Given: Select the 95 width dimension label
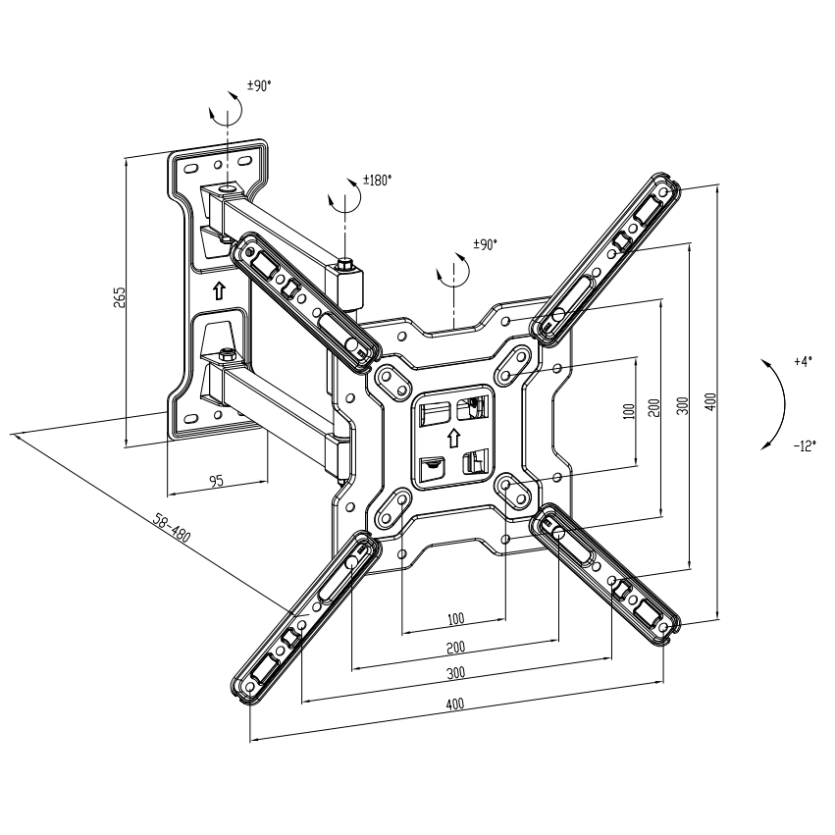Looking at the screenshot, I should pos(216,481).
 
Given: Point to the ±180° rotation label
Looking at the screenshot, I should pos(377,181).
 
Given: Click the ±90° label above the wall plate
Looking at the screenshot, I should pos(258,87).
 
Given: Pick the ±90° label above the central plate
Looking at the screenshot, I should pos(486,244).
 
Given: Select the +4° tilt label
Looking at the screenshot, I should pos(804,362).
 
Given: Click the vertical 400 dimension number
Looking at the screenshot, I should pos(710,400).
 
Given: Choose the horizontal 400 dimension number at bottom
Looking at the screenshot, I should pos(455,705).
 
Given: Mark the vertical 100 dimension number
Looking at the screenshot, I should pos(628,411).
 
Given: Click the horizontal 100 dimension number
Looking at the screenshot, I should pos(455,619).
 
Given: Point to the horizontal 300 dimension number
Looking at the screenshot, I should pos(455,673).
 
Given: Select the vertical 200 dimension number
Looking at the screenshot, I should pos(653,407).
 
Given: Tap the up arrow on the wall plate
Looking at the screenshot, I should pos(218,290).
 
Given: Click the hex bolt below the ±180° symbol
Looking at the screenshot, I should pos(345,263).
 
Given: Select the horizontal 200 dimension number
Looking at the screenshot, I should pos(455,648).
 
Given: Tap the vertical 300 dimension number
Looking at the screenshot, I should pos(682,404).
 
